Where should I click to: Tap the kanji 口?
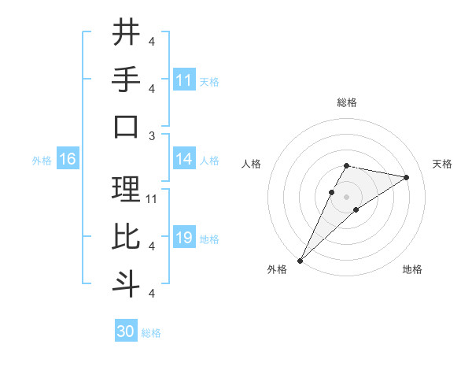click(127, 126)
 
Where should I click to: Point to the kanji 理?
click(127, 189)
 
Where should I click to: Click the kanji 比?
click(127, 236)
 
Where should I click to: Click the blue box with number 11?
click(184, 80)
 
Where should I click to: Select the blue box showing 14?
click(184, 159)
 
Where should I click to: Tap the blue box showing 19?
click(184, 238)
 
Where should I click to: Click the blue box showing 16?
click(68, 160)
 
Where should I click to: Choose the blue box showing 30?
click(126, 331)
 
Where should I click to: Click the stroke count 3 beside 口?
click(152, 135)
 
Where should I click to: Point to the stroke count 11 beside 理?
click(152, 198)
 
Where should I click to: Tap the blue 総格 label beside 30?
click(152, 333)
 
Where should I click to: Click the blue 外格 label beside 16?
click(42, 161)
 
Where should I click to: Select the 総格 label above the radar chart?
click(346, 102)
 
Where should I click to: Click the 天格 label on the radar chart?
click(443, 164)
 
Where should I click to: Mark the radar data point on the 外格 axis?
click(300, 260)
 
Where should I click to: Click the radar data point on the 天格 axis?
click(406, 178)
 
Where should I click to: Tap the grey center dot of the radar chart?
click(346, 197)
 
